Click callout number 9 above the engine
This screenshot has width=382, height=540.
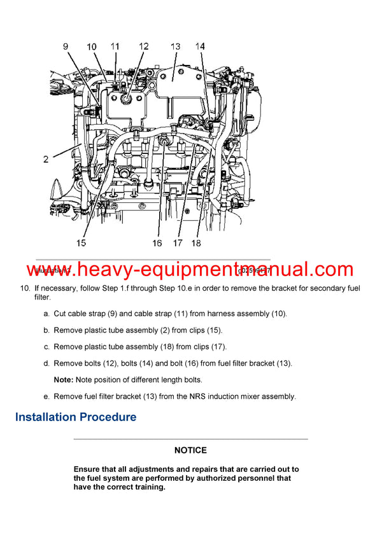[66, 46]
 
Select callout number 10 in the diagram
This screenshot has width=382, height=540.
[92, 46]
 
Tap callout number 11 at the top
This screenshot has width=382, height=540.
[115, 46]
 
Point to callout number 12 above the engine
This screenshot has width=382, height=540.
[144, 46]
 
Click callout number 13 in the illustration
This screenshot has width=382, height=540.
[175, 46]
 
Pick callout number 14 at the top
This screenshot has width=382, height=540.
[200, 46]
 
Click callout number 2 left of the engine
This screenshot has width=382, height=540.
[46, 159]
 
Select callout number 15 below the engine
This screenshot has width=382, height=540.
[81, 242]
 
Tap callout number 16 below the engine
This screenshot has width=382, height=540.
[157, 242]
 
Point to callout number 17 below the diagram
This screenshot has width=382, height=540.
[177, 242]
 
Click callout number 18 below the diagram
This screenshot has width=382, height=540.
[196, 242]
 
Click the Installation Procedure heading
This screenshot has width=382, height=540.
[75, 417]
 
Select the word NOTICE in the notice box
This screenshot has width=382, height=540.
[190, 450]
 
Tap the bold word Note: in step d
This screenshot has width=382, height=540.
[64, 380]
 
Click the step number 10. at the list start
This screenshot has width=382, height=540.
[25, 289]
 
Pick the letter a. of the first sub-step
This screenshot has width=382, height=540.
[46, 314]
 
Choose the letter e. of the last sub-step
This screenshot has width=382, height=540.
[46, 396]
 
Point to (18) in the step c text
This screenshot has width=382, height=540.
[167, 347]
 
